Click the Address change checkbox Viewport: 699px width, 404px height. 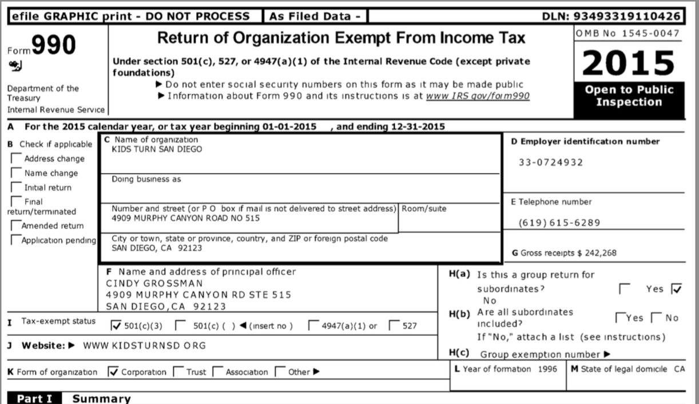(17, 159)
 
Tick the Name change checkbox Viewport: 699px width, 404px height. (17, 173)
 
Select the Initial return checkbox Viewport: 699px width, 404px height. (17, 187)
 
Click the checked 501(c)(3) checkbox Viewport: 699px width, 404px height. (115, 326)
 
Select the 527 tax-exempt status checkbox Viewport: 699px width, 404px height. (394, 326)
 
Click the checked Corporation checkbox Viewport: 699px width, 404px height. (113, 372)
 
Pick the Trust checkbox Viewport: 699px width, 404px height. (178, 372)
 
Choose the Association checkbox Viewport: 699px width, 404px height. (217, 372)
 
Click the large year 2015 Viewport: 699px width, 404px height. (629, 63)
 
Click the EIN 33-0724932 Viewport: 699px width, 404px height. (551, 163)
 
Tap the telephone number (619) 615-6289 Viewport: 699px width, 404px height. (559, 223)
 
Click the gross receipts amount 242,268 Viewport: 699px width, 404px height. (599, 253)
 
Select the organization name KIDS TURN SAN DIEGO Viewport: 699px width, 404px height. (157, 149)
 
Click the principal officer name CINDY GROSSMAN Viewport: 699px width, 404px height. (154, 283)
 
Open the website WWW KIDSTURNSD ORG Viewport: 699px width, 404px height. (144, 346)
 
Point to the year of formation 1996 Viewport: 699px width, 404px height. (547, 369)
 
